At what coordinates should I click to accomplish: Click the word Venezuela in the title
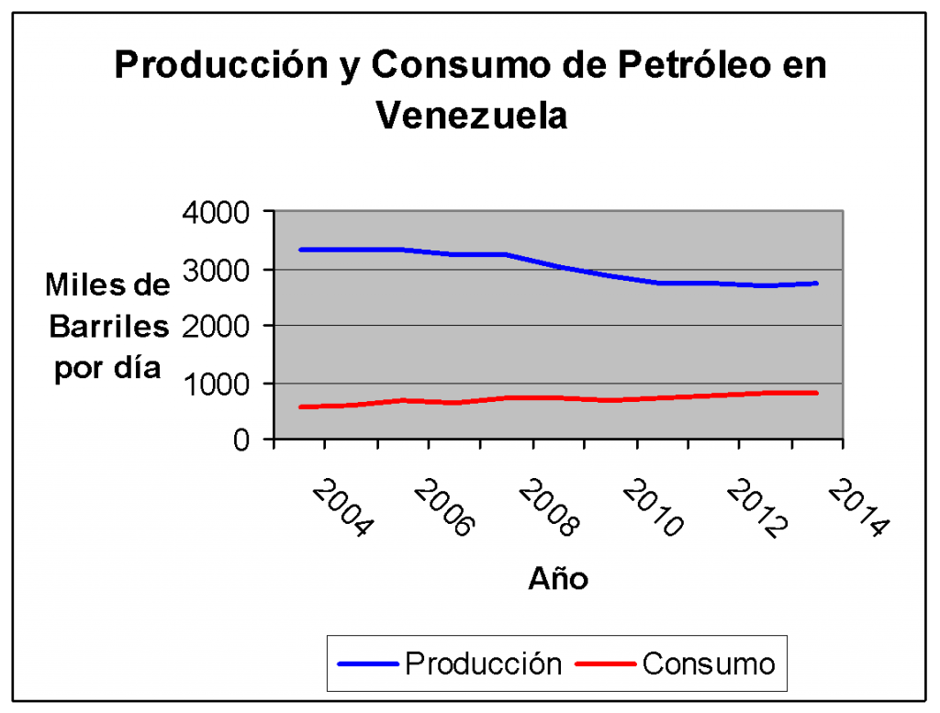pos(471,117)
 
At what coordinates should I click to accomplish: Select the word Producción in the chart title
pos(229,66)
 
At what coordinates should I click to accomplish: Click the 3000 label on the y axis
pos(217,270)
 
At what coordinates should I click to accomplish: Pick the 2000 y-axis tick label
pos(217,326)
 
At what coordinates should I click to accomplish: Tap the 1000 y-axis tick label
pos(217,384)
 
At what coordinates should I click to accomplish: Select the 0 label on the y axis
pos(241,440)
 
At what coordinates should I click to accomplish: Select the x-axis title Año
pos(558,579)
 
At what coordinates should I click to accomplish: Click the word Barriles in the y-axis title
pos(108,327)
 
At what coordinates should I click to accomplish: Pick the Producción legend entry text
pos(483,663)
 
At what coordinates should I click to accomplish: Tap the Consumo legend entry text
pos(708,663)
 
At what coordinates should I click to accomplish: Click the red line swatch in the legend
pos(605,663)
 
